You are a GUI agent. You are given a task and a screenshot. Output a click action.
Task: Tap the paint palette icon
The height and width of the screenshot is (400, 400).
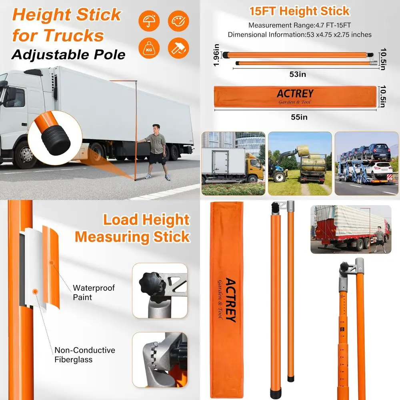pyautogui.click(x=178, y=21)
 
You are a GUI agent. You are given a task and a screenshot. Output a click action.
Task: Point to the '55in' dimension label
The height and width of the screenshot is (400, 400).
pyautogui.click(x=299, y=117)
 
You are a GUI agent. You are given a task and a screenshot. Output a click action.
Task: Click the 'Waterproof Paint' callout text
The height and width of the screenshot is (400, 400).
pyautogui.click(x=94, y=292)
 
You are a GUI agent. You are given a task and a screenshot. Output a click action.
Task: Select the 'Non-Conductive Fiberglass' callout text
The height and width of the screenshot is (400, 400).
pyautogui.click(x=85, y=355)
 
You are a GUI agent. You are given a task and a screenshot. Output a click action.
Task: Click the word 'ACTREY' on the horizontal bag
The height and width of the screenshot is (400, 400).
pyautogui.click(x=295, y=94)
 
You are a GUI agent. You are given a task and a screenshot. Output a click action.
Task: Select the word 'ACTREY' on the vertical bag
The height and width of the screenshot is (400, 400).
pyautogui.click(x=231, y=300)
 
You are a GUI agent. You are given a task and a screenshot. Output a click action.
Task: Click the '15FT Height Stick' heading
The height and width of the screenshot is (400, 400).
pyautogui.click(x=299, y=11)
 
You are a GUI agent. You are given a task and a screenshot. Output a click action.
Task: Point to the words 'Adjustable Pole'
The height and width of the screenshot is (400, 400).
pyautogui.click(x=68, y=54)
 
